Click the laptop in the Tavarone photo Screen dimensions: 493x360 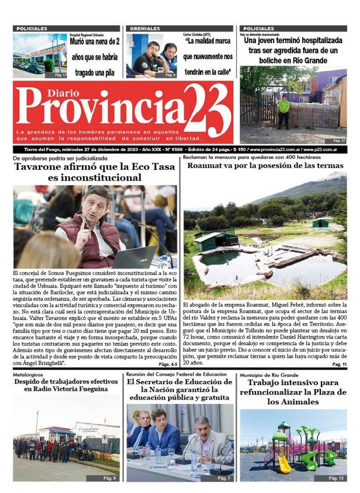(x=135, y=257)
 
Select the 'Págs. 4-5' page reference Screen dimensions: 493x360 (x=168, y=364)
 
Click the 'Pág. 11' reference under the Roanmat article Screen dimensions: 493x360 (x=339, y=364)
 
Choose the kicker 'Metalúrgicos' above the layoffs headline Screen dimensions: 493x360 (x=28, y=375)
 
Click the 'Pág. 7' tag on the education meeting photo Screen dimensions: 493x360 (x=224, y=478)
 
